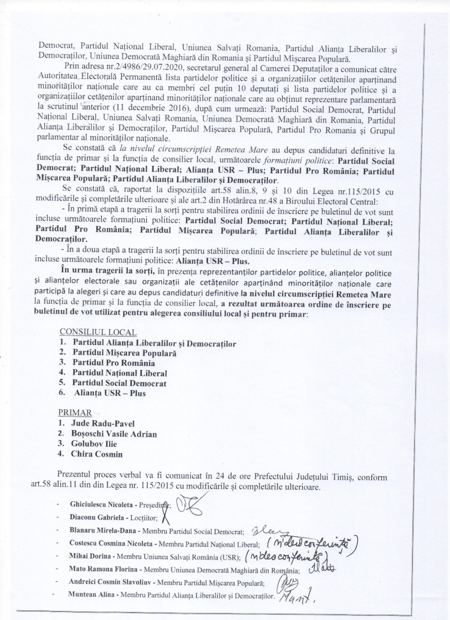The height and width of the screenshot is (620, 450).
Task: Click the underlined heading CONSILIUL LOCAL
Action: pyautogui.click(x=98, y=332)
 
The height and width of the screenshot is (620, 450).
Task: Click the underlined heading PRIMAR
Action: pyautogui.click(x=75, y=413)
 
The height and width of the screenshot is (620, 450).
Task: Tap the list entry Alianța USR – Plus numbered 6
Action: pyautogui.click(x=110, y=393)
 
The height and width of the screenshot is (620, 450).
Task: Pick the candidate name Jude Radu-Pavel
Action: pyautogui.click(x=103, y=424)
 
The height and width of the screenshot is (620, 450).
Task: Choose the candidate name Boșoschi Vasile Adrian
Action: pyautogui.click(x=114, y=434)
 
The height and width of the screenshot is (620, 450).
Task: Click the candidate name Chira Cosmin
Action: pyautogui.click(x=96, y=454)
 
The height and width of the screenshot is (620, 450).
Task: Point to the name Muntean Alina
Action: pyautogui.click(x=84, y=596)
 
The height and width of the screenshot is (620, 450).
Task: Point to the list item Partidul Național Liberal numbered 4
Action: pyautogui.click(x=119, y=373)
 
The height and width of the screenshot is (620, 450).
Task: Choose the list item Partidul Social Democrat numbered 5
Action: pyautogui.click(x=119, y=383)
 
